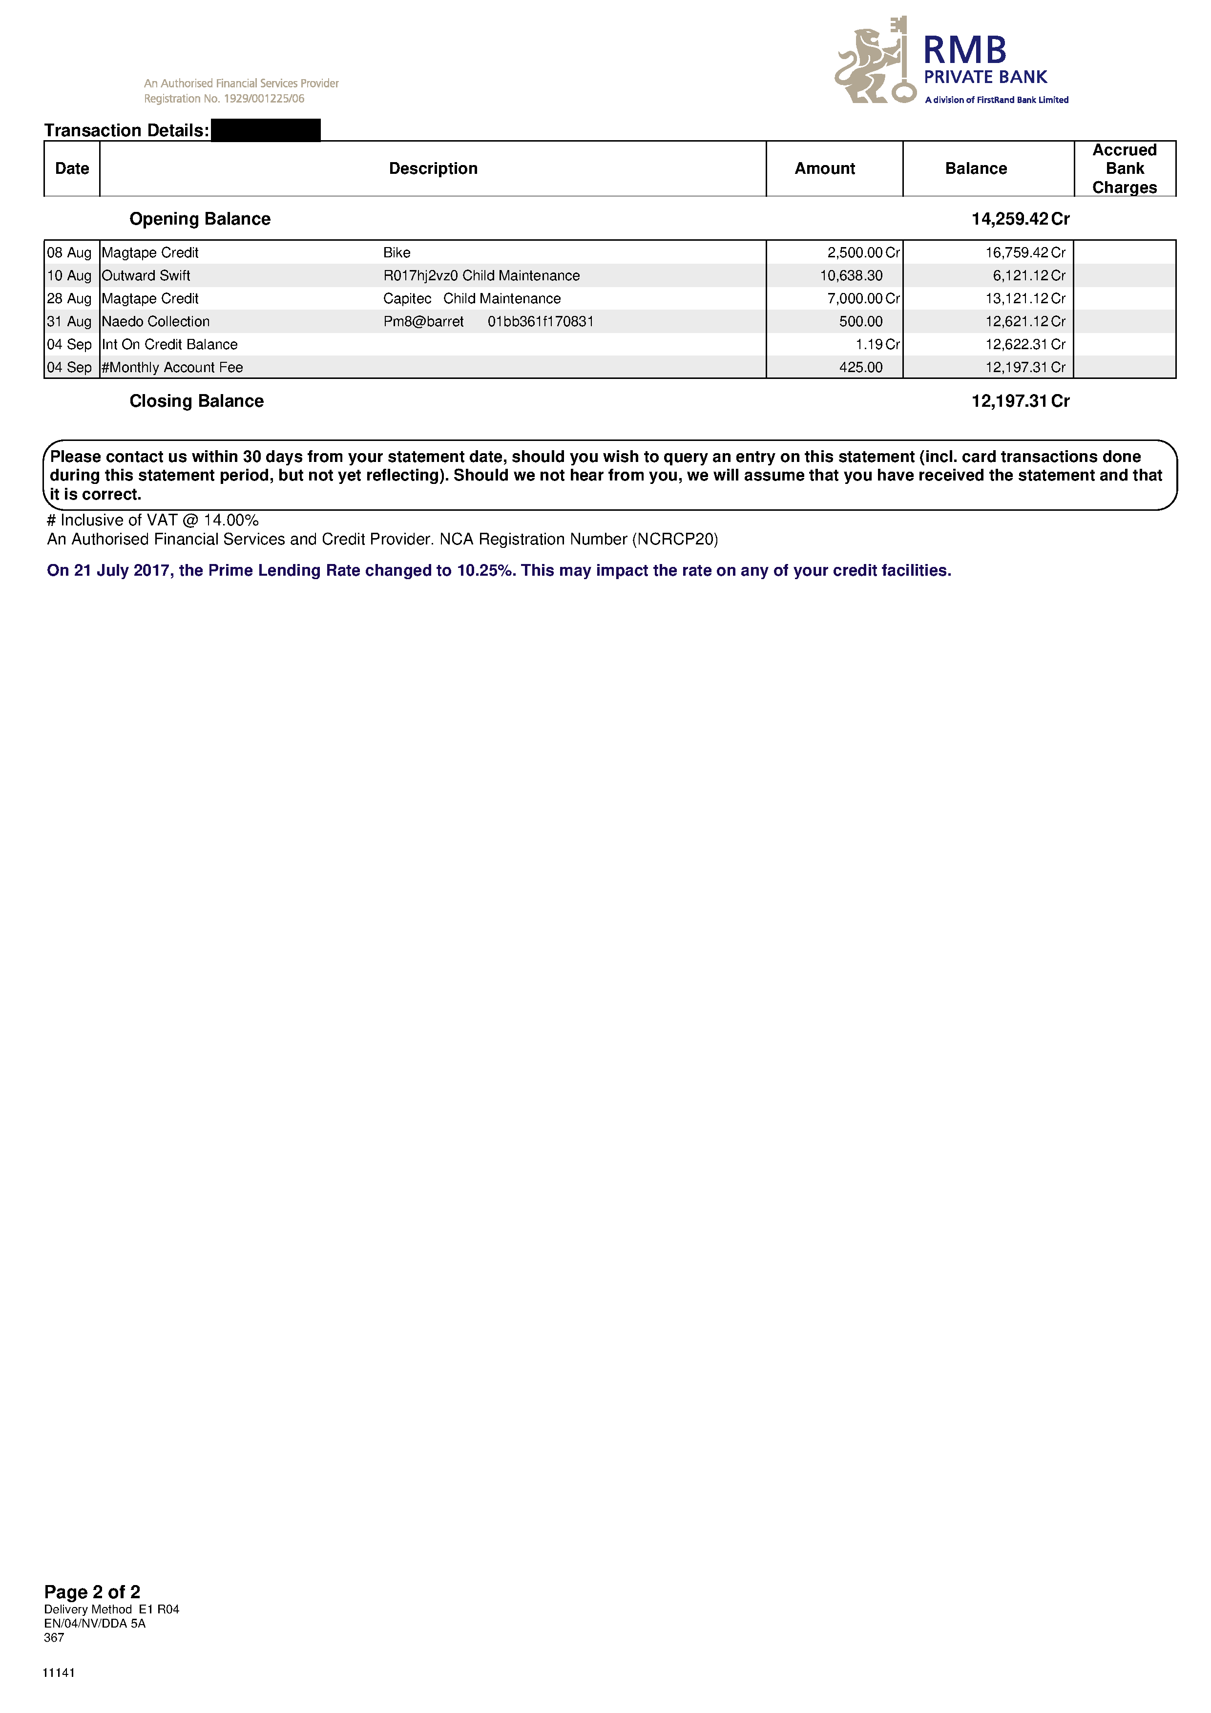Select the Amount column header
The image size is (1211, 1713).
click(824, 168)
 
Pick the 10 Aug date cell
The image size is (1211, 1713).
click(69, 276)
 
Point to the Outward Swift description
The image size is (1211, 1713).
click(146, 276)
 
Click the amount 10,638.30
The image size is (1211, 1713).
click(851, 276)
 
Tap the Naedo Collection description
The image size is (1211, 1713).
click(156, 322)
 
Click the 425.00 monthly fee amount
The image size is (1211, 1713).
click(860, 368)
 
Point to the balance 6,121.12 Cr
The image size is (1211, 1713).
click(1028, 276)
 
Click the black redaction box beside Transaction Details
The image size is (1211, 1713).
click(266, 130)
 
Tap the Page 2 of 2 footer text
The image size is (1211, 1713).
click(92, 1592)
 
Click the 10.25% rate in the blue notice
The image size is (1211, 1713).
click(486, 571)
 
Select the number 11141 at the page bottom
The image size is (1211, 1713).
click(59, 1672)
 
